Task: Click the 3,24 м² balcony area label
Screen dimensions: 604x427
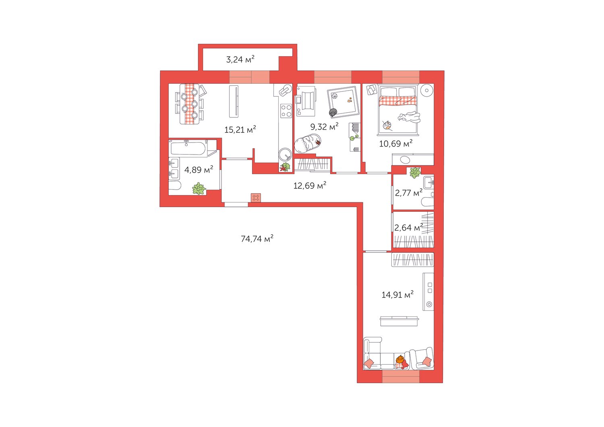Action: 240,60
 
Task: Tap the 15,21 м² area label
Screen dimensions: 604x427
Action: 240,130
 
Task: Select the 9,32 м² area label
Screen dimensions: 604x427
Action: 324,126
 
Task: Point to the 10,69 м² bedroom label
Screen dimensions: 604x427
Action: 396,143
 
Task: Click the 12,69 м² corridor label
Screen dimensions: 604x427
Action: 310,186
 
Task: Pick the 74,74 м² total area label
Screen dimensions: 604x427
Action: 257,239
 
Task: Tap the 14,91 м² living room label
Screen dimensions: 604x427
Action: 397,295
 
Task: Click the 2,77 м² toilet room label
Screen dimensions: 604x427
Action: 409,193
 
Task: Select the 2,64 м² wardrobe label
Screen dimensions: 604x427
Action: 409,228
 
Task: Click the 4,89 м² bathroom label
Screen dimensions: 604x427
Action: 199,169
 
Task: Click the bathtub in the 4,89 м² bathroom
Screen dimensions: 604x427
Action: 189,148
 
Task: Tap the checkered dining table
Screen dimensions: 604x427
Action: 190,104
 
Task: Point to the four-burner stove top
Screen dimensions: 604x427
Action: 286,111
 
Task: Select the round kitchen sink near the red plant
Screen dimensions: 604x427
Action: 285,155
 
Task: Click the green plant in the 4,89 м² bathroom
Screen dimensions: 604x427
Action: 199,188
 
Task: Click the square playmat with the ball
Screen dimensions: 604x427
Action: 343,102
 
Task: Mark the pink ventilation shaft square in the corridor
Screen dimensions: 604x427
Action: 256,198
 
